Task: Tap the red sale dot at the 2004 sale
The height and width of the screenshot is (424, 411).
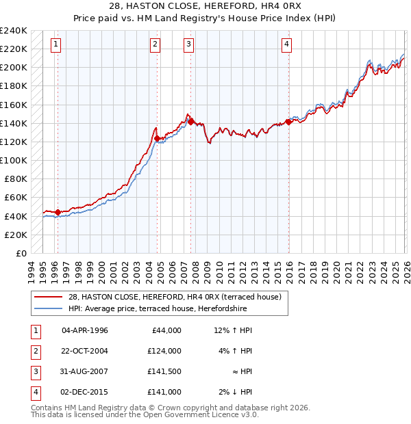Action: (x=158, y=138)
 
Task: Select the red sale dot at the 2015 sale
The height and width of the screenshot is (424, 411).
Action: (x=288, y=122)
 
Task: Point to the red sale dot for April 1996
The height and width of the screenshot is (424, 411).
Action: (x=58, y=213)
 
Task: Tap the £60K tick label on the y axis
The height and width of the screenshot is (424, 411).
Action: (x=16, y=197)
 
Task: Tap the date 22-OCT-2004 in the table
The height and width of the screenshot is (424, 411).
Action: (x=85, y=351)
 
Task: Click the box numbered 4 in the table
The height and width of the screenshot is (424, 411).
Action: (x=35, y=392)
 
